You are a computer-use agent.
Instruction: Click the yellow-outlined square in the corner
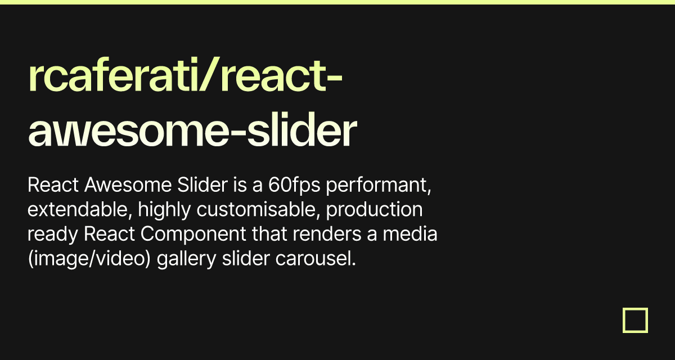636,320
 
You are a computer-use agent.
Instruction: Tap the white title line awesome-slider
192,131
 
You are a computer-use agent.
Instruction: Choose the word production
375,209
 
